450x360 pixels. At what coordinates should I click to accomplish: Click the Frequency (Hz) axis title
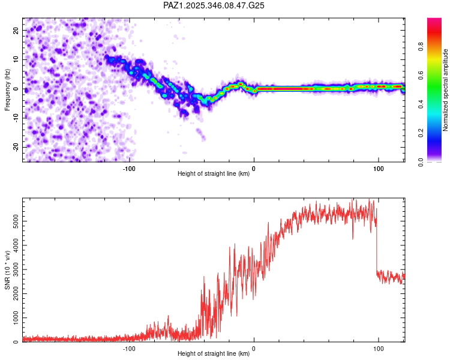pyautogui.click(x=8, y=90)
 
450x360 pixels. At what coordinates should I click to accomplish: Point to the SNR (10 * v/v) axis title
pyautogui.click(x=8, y=271)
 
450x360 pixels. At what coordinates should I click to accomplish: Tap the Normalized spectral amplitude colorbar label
pyautogui.click(x=446, y=90)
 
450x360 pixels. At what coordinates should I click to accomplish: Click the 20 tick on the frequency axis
pyautogui.click(x=16, y=30)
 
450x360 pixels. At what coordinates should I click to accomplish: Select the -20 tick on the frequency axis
pyautogui.click(x=15, y=147)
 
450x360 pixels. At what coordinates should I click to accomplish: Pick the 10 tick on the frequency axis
pyautogui.click(x=16, y=59)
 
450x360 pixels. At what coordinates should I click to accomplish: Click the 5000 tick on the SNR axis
pyautogui.click(x=13, y=221)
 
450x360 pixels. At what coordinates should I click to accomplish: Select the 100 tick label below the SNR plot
pyautogui.click(x=379, y=349)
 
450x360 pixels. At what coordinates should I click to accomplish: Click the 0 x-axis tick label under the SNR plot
pyautogui.click(x=254, y=349)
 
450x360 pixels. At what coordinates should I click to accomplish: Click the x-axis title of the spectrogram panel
pyautogui.click(x=214, y=174)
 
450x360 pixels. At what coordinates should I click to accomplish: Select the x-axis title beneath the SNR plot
pyautogui.click(x=214, y=355)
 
